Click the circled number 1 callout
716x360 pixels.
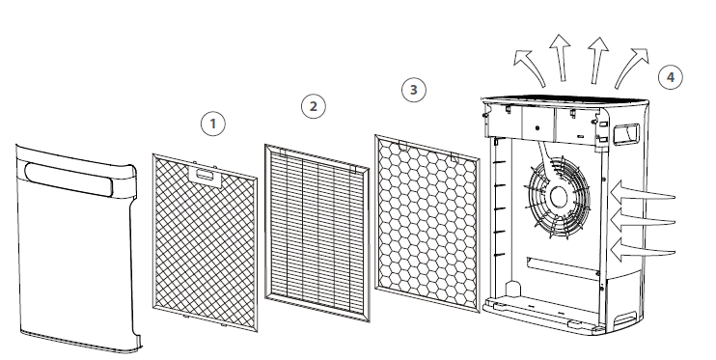click(x=213, y=124)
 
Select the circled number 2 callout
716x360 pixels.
click(x=314, y=106)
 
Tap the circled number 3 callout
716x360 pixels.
click(x=414, y=90)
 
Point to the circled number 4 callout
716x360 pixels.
click(x=671, y=77)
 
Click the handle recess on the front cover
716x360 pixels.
click(x=69, y=180)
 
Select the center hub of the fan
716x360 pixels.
click(x=558, y=197)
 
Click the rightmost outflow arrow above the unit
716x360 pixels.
click(x=632, y=67)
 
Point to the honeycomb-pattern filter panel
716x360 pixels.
click(x=427, y=224)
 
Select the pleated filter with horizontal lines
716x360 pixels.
click(x=317, y=233)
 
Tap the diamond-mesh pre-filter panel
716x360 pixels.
click(x=205, y=243)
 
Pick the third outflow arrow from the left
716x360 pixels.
click(x=596, y=60)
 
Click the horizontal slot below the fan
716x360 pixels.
click(x=563, y=266)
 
